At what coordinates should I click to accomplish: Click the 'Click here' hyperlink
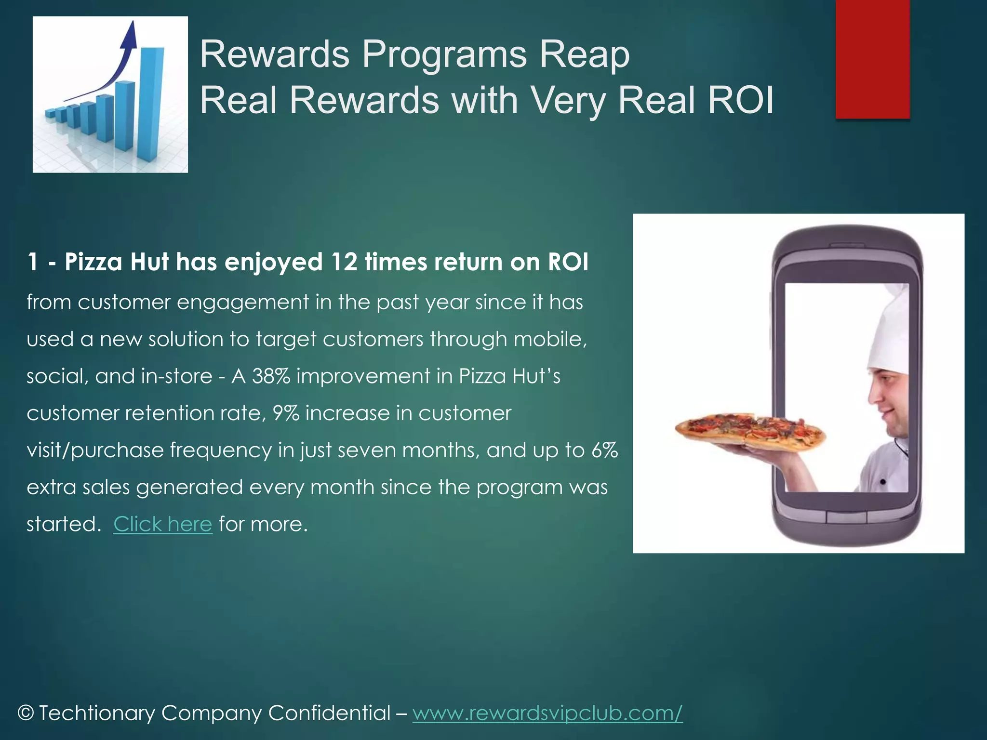[162, 524]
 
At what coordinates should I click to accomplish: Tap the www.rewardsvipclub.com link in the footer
[547, 713]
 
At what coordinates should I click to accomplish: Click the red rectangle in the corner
[872, 59]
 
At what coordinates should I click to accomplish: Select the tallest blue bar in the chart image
[151, 104]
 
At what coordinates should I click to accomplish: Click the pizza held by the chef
[749, 429]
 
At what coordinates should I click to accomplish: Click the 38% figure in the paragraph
[271, 376]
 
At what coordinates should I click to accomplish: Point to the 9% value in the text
[286, 413]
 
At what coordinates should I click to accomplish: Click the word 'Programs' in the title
[444, 54]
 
